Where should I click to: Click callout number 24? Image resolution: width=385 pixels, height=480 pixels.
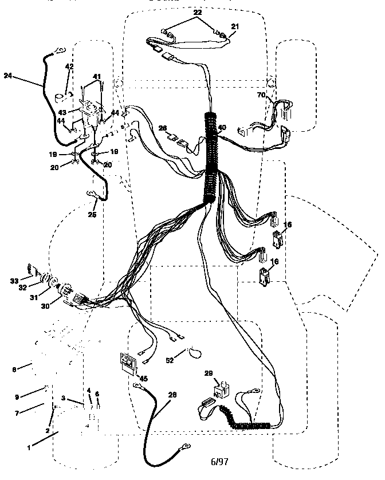(7, 75)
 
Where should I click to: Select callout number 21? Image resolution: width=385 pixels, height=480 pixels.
(235, 27)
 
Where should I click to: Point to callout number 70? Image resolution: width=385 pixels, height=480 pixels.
(261, 95)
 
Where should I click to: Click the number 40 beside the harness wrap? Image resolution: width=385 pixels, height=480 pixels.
(222, 128)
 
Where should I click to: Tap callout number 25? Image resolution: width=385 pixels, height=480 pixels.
(92, 215)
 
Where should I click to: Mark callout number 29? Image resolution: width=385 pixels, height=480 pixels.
(209, 373)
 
